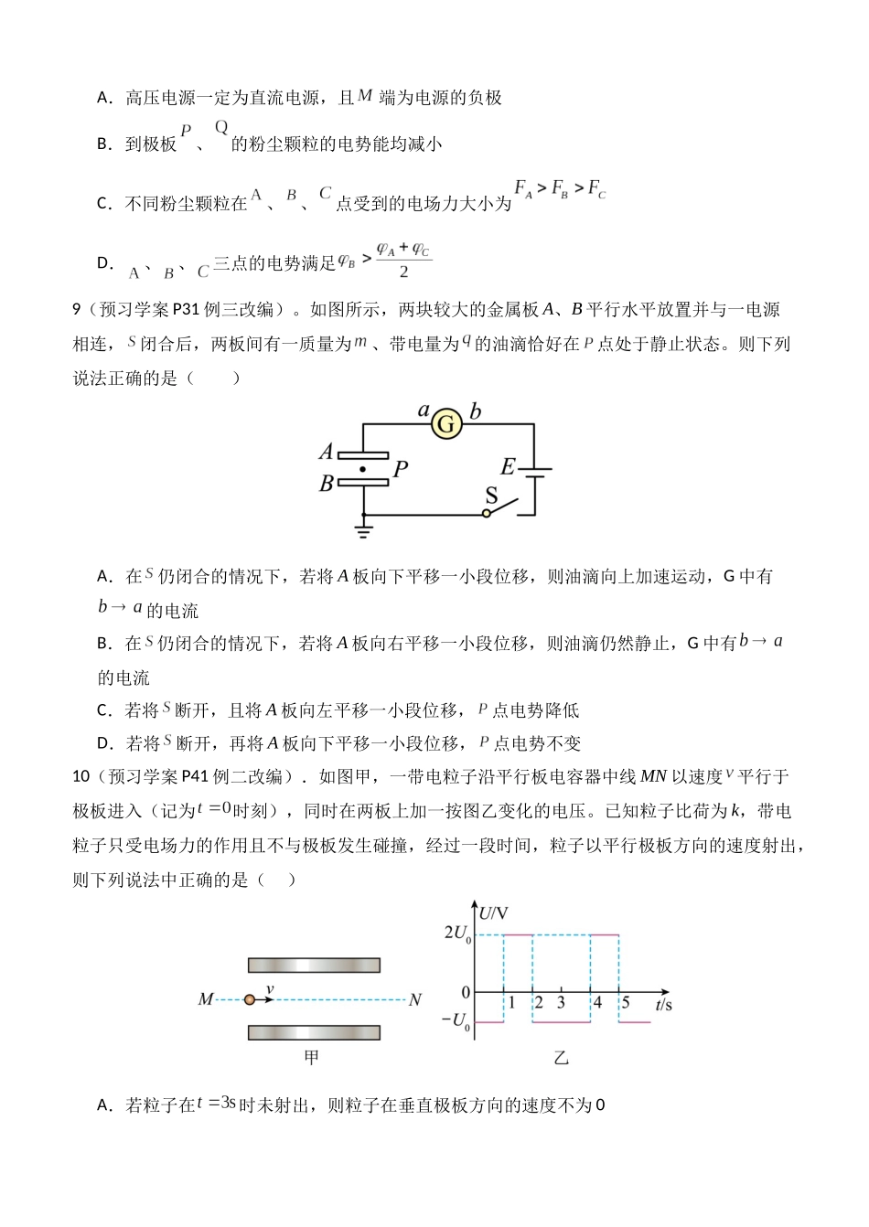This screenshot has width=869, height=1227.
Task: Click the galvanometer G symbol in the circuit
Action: pyautogui.click(x=446, y=424)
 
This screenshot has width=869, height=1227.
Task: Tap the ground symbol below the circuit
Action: pyautogui.click(x=364, y=528)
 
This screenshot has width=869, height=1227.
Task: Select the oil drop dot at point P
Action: pyautogui.click(x=363, y=468)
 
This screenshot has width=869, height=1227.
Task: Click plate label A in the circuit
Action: pyautogui.click(x=326, y=451)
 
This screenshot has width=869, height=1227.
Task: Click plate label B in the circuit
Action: pyautogui.click(x=326, y=485)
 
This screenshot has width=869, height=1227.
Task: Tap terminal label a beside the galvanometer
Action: pyautogui.click(x=424, y=411)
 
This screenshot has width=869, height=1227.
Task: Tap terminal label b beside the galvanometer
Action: pyautogui.click(x=475, y=411)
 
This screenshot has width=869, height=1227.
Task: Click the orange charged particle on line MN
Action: pyautogui.click(x=250, y=1000)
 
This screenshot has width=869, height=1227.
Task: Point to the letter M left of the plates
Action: pyautogui.click(x=206, y=1000)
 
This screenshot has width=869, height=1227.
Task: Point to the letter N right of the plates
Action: pyautogui.click(x=415, y=1000)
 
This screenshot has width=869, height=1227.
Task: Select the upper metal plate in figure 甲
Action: pyautogui.click(x=314, y=966)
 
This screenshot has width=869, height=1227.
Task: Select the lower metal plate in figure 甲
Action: pyautogui.click(x=314, y=1033)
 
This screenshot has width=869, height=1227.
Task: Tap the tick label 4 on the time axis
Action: pyautogui.click(x=597, y=1003)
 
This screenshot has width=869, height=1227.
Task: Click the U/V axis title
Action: pyautogui.click(x=495, y=912)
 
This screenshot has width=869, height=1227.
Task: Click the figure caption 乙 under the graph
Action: pyautogui.click(x=562, y=1059)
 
